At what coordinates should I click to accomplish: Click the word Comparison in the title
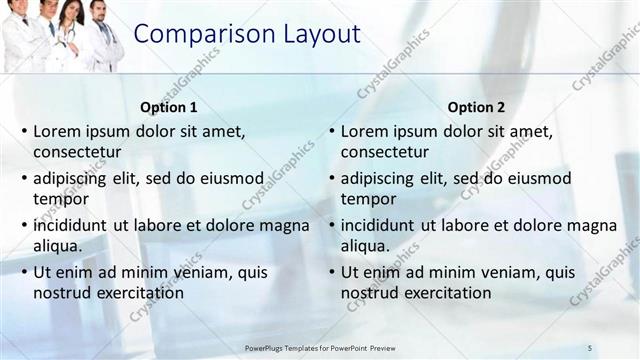pos(193,34)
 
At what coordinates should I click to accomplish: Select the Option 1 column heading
pos(170,107)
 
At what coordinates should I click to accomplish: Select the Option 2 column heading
pos(477,107)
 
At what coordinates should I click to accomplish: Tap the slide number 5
pos(590,347)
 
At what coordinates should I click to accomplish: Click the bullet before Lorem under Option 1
pos(24,131)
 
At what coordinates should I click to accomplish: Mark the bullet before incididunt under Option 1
pos(24,225)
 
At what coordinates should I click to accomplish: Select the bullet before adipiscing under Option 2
pos(332,178)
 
